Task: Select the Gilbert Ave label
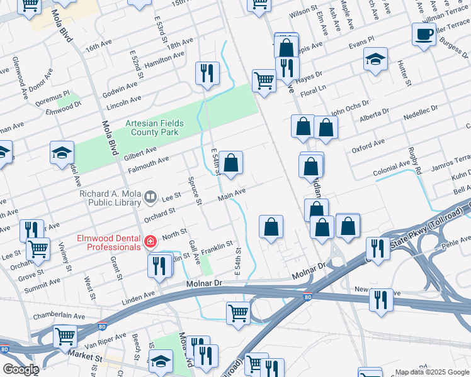click(x=140, y=153)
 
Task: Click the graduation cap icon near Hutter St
click(x=375, y=60)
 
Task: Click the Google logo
click(x=20, y=369)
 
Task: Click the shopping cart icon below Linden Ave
click(x=238, y=312)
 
